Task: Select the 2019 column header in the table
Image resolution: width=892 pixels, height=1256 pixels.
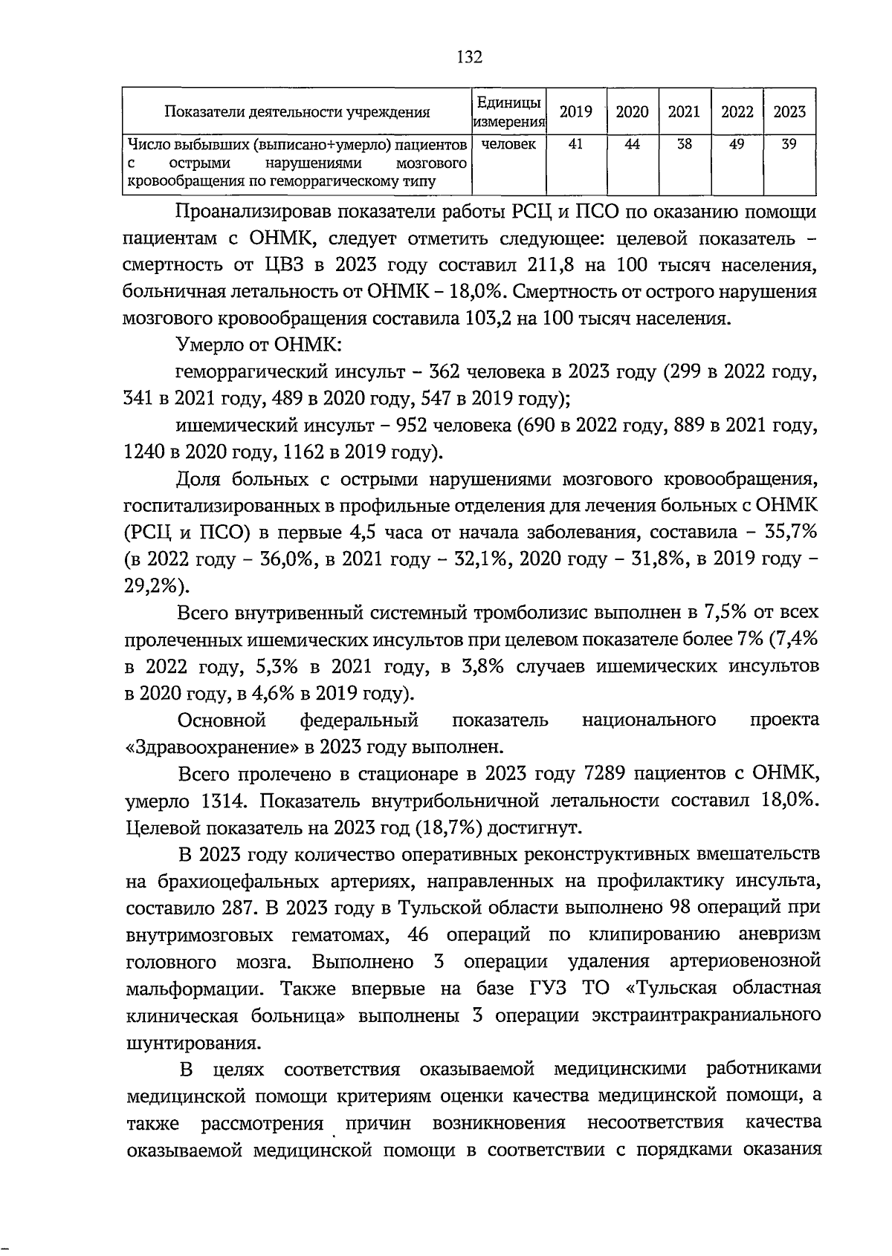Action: pos(575,112)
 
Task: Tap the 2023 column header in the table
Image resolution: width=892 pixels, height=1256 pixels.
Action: pos(789,112)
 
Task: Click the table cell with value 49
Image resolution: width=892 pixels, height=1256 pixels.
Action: pos(737,145)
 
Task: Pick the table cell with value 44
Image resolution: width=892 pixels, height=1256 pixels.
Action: pos(632,145)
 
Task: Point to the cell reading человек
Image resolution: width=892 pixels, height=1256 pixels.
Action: pos(508,145)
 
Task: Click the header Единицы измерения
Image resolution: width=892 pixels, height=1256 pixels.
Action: pos(508,111)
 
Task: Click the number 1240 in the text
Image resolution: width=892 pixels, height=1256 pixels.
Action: pos(146,452)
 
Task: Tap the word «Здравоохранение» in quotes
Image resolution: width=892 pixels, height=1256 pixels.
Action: pos(212,746)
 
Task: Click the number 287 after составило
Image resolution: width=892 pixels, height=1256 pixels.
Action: pos(236,908)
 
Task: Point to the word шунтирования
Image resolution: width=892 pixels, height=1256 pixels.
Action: pos(193,1041)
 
